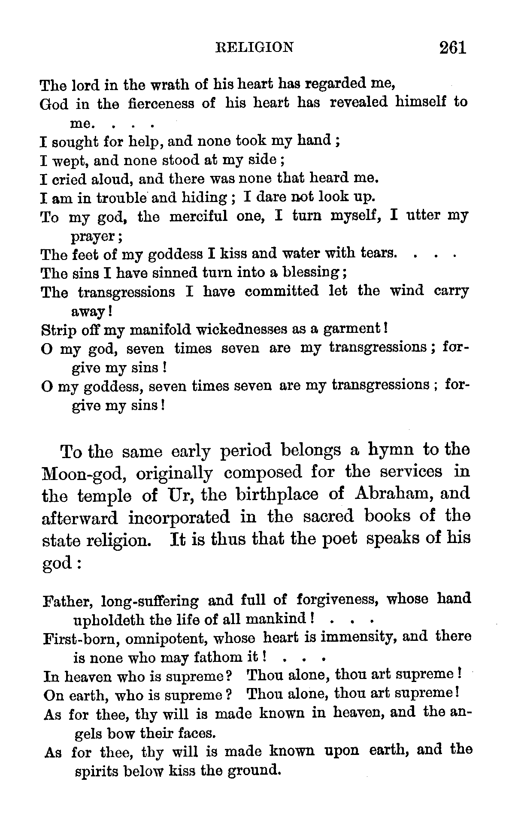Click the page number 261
[452, 47]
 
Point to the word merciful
[198, 217]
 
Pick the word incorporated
[179, 517]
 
